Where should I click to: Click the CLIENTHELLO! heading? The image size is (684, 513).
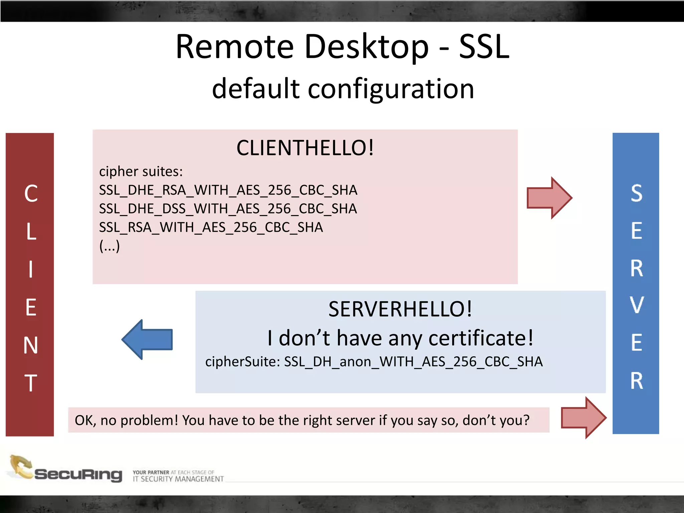(x=305, y=148)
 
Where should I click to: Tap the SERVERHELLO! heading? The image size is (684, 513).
(x=400, y=309)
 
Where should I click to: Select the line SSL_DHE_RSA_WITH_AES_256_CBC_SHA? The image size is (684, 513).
(x=228, y=190)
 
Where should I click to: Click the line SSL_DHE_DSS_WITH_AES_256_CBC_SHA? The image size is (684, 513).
(x=228, y=209)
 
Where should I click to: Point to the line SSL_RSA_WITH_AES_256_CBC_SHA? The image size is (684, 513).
(x=211, y=227)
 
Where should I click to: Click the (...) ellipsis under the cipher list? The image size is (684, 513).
(x=110, y=246)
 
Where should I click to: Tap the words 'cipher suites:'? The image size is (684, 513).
(x=141, y=171)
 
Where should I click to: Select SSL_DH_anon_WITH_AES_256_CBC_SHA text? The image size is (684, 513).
(x=413, y=362)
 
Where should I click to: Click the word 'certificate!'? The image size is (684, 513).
(x=481, y=338)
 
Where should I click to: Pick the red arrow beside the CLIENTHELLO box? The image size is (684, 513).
(x=549, y=198)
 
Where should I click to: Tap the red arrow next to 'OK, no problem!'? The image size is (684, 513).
(x=583, y=417)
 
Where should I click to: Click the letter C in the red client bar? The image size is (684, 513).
(x=31, y=193)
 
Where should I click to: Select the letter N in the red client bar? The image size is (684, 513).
(x=30, y=345)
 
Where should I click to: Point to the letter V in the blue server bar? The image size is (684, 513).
(x=637, y=305)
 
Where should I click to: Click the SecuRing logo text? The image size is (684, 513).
(x=78, y=474)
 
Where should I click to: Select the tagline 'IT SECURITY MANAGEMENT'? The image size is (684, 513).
(x=178, y=479)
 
